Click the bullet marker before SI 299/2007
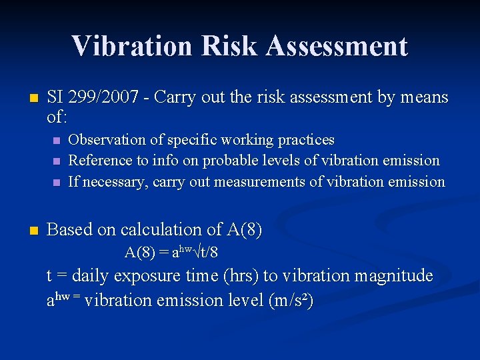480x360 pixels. tap(34, 97)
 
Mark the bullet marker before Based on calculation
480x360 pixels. tap(34, 230)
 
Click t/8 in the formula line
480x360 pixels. tap(209, 253)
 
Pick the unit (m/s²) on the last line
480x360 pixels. tap(290, 301)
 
